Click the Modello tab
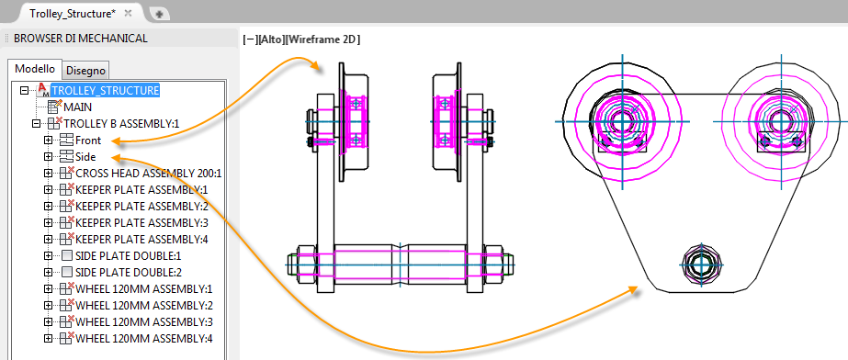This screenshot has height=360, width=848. [x=35, y=69]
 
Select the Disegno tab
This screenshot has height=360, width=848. [x=86, y=71]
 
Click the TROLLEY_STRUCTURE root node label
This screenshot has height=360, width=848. [x=105, y=90]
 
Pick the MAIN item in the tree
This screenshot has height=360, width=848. [x=77, y=107]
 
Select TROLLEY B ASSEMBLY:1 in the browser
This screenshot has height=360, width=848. [x=121, y=124]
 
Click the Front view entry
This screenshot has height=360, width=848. [x=88, y=141]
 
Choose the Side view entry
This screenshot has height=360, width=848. [x=85, y=157]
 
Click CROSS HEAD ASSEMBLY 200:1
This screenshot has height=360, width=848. [x=149, y=174]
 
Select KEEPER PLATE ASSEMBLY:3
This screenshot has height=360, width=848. [x=141, y=222]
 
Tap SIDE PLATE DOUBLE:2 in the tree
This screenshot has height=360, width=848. [x=129, y=272]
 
